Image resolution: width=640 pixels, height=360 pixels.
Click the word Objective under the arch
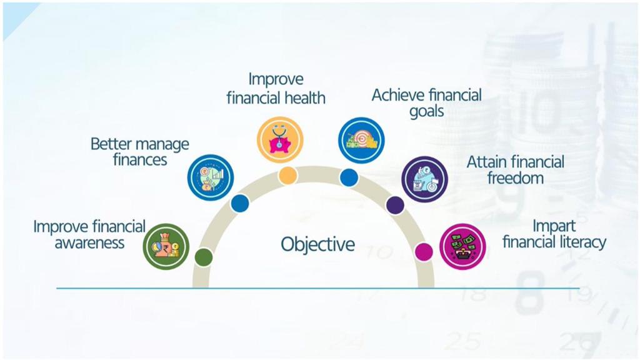click(x=317, y=244)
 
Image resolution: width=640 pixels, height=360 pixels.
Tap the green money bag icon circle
click(x=166, y=246)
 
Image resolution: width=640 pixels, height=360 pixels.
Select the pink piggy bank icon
click(x=280, y=139)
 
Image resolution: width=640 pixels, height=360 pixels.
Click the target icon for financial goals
click(x=361, y=141)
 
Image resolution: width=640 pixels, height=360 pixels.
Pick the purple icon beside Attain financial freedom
click(x=424, y=179)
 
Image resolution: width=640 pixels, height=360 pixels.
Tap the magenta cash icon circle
click(x=462, y=246)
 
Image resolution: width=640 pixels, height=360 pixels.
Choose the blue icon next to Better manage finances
click(x=211, y=177)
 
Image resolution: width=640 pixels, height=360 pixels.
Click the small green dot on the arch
click(x=204, y=257)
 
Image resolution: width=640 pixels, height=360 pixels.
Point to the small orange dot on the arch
click(x=287, y=175)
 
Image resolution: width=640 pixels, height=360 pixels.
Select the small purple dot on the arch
click(x=395, y=205)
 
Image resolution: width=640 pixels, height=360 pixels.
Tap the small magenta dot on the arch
click(x=424, y=252)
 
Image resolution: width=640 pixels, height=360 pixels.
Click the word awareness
click(x=89, y=243)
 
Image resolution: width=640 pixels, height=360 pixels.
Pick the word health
click(x=305, y=98)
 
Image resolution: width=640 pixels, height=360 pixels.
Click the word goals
click(x=426, y=111)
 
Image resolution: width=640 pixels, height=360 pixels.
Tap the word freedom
click(x=515, y=178)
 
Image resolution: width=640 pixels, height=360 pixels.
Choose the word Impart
click(x=554, y=226)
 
